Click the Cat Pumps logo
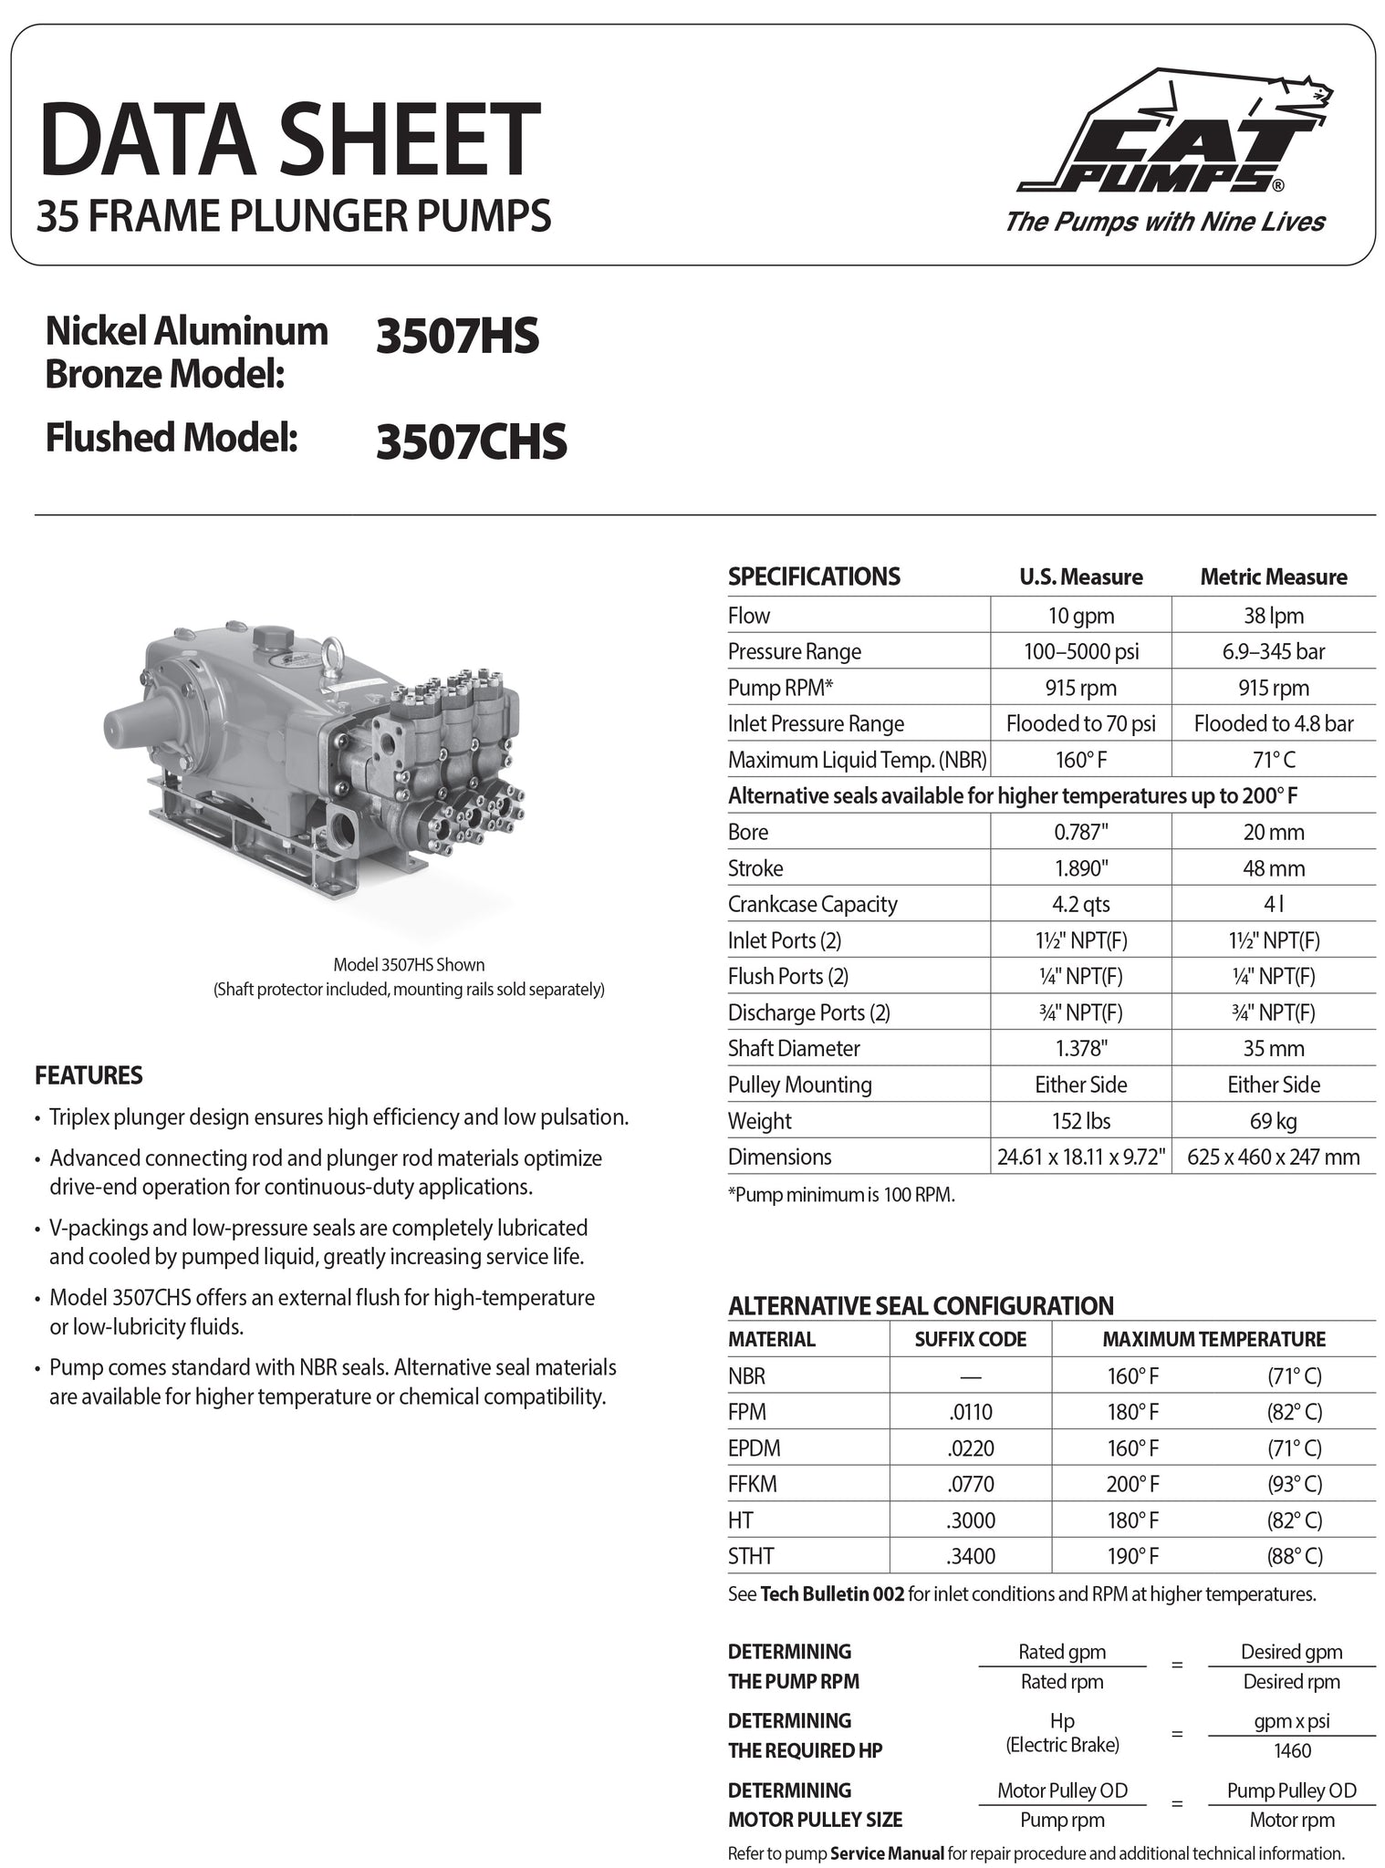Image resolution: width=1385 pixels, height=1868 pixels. pyautogui.click(x=1175, y=132)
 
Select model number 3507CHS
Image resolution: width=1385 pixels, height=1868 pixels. pyautogui.click(x=471, y=441)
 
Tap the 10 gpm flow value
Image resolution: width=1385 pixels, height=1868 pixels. pyautogui.click(x=1080, y=616)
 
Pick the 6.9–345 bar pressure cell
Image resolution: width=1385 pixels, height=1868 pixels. pyautogui.click(x=1273, y=651)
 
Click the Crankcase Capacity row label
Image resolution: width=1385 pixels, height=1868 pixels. pyautogui.click(x=812, y=904)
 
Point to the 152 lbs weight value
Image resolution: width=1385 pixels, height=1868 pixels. pyautogui.click(x=1080, y=1121)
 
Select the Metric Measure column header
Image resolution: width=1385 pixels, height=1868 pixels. pyautogui.click(x=1273, y=576)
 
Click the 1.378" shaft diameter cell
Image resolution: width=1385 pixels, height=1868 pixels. pyautogui.click(x=1080, y=1049)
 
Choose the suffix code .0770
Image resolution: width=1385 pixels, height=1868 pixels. pyautogui.click(x=970, y=1484)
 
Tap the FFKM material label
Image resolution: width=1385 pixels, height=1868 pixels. pyautogui.click(x=753, y=1484)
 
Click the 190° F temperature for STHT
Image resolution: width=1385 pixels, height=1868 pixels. pyautogui.click(x=1132, y=1556)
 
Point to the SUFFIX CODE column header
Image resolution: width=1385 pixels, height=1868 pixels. pyautogui.click(x=970, y=1339)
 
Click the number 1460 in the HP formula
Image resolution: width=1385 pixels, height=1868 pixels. pyautogui.click(x=1292, y=1750)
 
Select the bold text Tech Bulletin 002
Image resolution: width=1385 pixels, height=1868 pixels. pyautogui.click(x=832, y=1594)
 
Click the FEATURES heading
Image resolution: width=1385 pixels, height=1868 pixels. pyautogui.click(x=89, y=1075)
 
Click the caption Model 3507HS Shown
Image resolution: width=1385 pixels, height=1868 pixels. pyautogui.click(x=409, y=964)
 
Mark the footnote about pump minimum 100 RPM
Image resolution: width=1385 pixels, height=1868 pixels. pyautogui.click(x=841, y=1195)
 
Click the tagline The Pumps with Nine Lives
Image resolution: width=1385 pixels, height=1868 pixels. pyautogui.click(x=1164, y=222)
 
